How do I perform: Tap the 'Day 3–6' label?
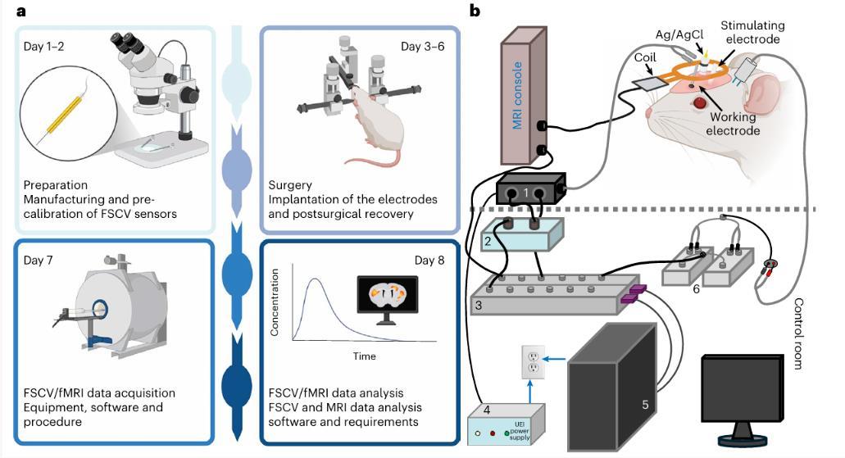(423, 45)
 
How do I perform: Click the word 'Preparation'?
(56, 185)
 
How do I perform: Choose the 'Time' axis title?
(365, 356)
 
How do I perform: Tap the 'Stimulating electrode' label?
(752, 32)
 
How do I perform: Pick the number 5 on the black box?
(645, 403)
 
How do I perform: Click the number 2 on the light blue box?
(488, 242)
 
